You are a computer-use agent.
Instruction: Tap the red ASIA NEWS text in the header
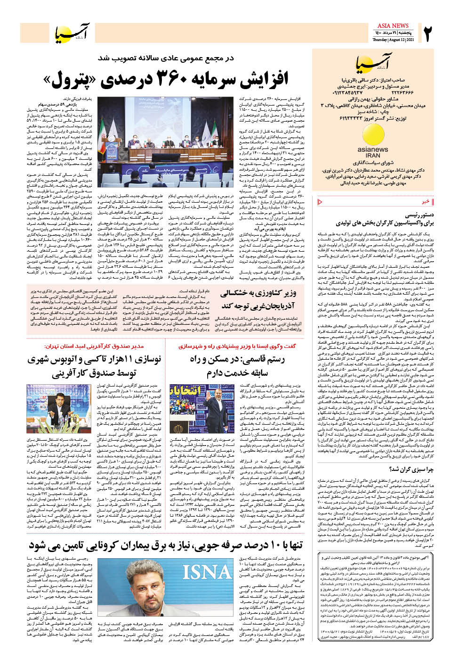click(393, 25)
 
